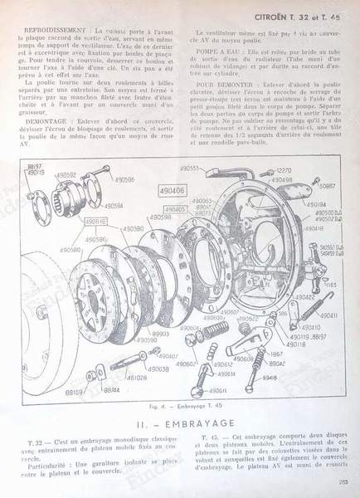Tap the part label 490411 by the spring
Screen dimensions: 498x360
point(329,316)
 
